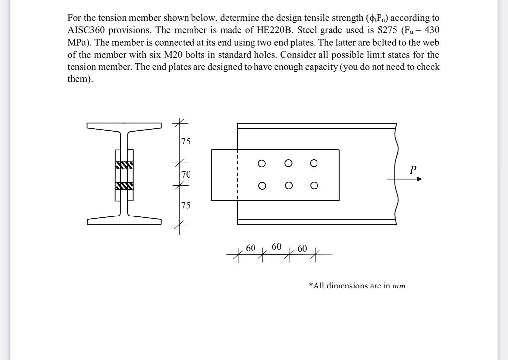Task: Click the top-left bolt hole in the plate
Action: pyautogui.click(x=262, y=163)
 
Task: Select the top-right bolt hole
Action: pyautogui.click(x=313, y=163)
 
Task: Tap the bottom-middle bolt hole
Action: pyautogui.click(x=288, y=186)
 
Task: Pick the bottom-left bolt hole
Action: pyautogui.click(x=262, y=186)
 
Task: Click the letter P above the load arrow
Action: pyautogui.click(x=413, y=170)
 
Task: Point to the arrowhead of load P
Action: pyautogui.click(x=419, y=179)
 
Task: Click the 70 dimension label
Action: pyautogui.click(x=186, y=174)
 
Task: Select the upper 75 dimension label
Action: pyautogui.click(x=185, y=142)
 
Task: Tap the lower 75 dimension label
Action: pyautogui.click(x=185, y=205)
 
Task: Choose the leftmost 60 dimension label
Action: pyautogui.click(x=251, y=248)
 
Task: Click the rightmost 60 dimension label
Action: pyautogui.click(x=302, y=248)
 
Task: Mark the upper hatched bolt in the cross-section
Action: pyautogui.click(x=124, y=165)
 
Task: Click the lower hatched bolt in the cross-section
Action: pyautogui.click(x=124, y=186)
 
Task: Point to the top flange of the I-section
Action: pyautogui.click(x=124, y=126)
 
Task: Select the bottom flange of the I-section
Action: pyautogui.click(x=124, y=221)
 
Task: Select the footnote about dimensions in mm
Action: pyautogui.click(x=358, y=286)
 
